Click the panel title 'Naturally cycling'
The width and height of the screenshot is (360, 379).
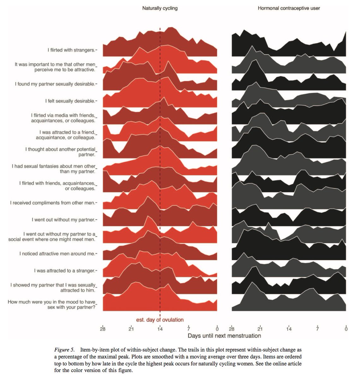(x=160, y=8)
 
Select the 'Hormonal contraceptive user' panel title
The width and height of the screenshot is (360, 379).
(x=289, y=8)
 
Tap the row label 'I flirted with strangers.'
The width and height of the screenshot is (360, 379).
(x=71, y=50)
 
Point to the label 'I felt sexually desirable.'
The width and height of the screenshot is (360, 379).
(x=70, y=101)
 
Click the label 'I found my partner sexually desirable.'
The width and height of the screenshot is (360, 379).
(x=55, y=84)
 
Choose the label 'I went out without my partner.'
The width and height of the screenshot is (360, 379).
(x=63, y=220)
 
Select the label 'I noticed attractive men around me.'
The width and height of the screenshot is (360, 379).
(x=57, y=254)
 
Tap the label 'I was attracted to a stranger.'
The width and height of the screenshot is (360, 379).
(x=64, y=271)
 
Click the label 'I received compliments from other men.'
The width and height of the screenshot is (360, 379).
(x=52, y=203)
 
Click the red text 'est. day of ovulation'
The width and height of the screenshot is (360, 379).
(x=160, y=320)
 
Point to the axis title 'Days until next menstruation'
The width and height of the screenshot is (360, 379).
(x=224, y=336)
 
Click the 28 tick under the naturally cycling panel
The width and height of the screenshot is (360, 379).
(x=103, y=329)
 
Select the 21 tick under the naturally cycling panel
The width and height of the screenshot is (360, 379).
(x=131, y=329)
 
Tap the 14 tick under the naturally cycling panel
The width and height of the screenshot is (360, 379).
(x=160, y=329)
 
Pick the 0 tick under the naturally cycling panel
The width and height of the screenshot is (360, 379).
(x=217, y=329)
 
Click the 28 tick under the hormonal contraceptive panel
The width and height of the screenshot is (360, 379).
(x=231, y=329)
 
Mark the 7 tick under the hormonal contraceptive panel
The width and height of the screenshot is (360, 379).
(x=317, y=329)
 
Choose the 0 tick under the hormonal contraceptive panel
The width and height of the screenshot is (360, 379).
(x=346, y=329)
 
